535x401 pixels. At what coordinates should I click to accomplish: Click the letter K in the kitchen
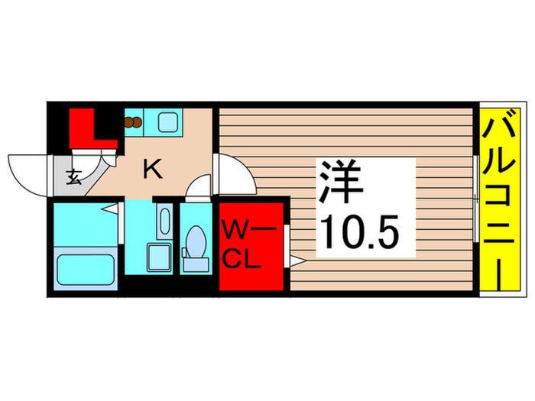(153, 170)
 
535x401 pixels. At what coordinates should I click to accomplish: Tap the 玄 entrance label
(73, 177)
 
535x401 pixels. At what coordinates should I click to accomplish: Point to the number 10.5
(360, 232)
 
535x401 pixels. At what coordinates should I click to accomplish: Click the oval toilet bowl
(196, 242)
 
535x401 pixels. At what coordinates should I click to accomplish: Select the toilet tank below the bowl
(196, 264)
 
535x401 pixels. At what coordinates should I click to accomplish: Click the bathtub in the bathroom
(86, 270)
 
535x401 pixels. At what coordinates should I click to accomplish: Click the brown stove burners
(133, 122)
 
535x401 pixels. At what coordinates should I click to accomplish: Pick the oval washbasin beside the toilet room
(165, 221)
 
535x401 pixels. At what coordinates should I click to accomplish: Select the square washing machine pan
(159, 257)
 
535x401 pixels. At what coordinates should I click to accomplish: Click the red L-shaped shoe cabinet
(92, 128)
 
